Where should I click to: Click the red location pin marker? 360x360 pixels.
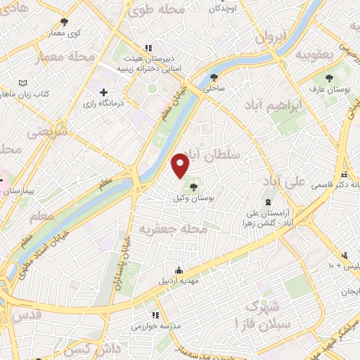(x=181, y=165)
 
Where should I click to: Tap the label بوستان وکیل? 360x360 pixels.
(x=194, y=199)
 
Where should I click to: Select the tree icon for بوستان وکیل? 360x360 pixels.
(x=194, y=186)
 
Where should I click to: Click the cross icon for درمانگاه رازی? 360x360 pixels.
(x=104, y=92)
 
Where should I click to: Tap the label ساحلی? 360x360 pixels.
(x=214, y=89)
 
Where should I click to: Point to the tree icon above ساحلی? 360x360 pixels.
(x=214, y=77)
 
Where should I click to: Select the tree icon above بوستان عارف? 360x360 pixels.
(x=328, y=77)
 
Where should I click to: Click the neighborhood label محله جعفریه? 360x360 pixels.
(x=173, y=229)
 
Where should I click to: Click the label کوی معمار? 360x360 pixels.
(x=64, y=33)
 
